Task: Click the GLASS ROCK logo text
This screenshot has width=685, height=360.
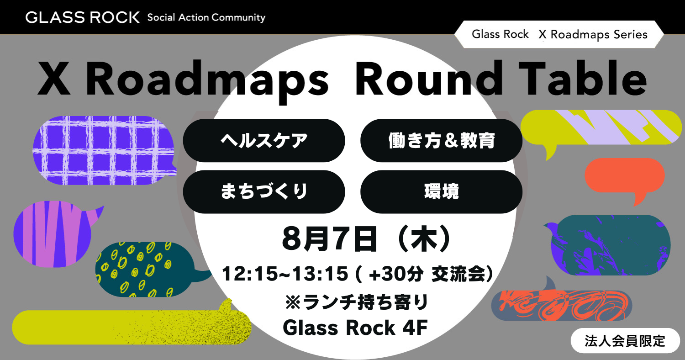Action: tap(83, 17)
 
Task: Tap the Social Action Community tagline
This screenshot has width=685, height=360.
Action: tap(206, 17)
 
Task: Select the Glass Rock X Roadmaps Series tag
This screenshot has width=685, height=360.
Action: tap(559, 34)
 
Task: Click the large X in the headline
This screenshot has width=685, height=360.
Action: tap(54, 79)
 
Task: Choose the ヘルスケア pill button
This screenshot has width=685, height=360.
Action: tap(264, 140)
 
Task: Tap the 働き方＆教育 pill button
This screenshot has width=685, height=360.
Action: tap(441, 140)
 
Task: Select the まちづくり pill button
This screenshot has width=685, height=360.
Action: tap(264, 192)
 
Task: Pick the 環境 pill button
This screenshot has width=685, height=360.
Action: tap(441, 192)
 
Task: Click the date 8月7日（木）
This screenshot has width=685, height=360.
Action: tap(366, 239)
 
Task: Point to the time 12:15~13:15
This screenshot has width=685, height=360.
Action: tap(285, 274)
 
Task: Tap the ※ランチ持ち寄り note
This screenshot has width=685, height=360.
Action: tap(356, 302)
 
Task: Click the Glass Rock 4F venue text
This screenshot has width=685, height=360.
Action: tap(355, 328)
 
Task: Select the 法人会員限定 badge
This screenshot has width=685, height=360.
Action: tap(625, 341)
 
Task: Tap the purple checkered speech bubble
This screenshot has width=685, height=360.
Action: tap(104, 150)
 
